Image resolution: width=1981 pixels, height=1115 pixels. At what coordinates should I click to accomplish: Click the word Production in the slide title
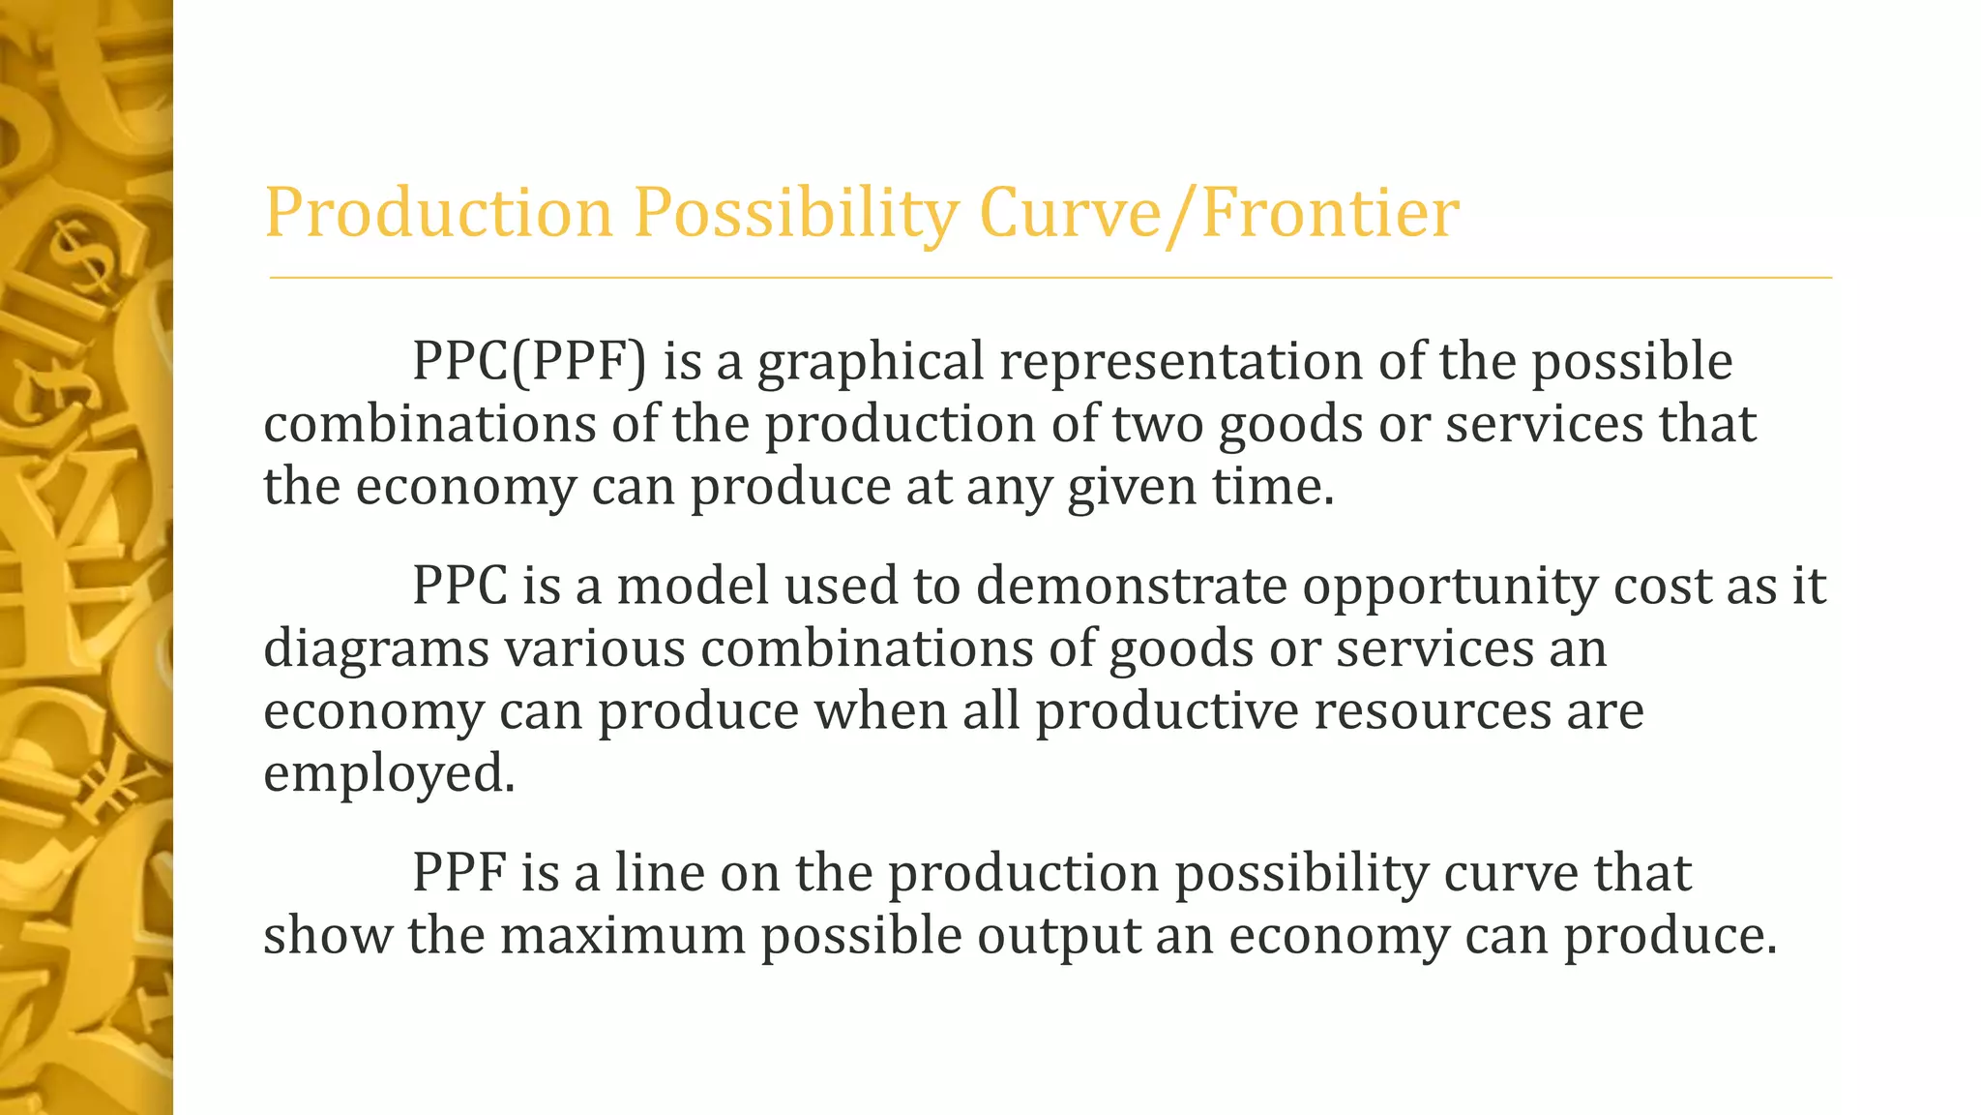[x=438, y=213]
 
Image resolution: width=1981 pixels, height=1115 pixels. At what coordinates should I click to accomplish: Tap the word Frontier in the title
[x=1329, y=213]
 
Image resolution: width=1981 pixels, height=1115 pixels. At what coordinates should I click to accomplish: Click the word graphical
[x=871, y=363]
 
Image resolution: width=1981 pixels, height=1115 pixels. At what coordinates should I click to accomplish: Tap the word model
[x=693, y=587]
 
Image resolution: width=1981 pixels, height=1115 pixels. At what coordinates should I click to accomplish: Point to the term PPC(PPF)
[x=529, y=363]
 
